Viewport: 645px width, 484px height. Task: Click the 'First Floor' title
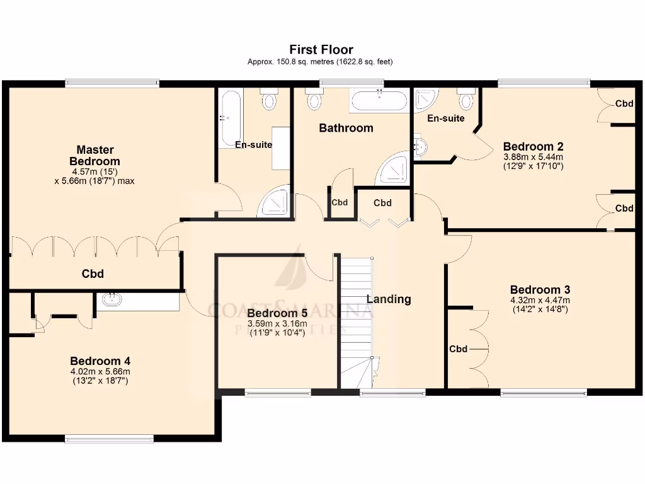pos(321,49)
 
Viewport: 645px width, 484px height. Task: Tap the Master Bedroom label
pos(94,156)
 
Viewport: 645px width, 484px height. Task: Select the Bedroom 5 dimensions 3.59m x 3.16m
pos(277,325)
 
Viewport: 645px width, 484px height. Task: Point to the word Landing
pos(389,299)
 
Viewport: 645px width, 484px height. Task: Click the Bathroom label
pos(346,128)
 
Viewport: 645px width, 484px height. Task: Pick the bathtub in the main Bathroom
pos(379,100)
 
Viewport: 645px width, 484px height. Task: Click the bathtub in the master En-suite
pos(230,118)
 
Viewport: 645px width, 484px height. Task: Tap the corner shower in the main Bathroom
pos(392,169)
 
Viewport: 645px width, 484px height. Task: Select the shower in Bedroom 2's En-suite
pos(426,98)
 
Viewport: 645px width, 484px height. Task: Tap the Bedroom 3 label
pos(540,290)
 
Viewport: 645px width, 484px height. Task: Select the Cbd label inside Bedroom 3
pos(458,349)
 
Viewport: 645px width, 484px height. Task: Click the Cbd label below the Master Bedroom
pos(93,274)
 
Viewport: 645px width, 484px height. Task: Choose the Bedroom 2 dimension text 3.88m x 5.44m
pos(533,158)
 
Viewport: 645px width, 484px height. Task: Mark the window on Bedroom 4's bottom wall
pos(108,439)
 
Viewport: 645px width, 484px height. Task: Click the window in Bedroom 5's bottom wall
pos(277,393)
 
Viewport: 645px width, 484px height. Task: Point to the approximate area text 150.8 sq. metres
pos(321,62)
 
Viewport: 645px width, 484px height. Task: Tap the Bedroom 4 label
pos(100,361)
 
